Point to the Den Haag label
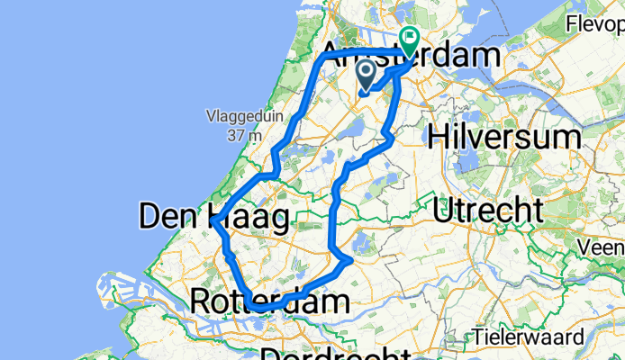(214, 217)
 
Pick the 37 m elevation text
(243, 136)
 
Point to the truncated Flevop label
(595, 25)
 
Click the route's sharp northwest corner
(324, 57)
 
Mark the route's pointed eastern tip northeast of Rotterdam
(349, 260)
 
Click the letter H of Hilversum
(440, 137)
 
